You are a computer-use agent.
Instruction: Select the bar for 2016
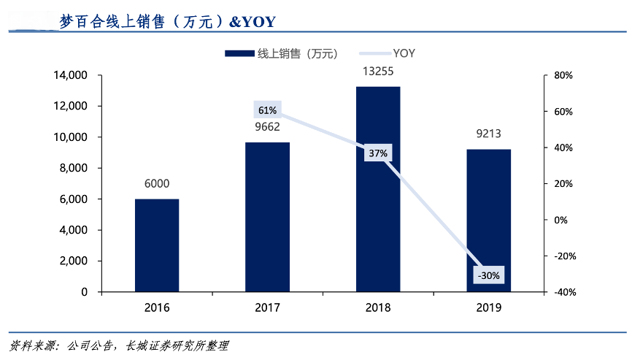[x=157, y=245]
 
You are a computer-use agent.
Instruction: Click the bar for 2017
[x=267, y=217]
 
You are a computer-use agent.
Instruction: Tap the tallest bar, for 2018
[x=378, y=189]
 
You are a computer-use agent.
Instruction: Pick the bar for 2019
[x=489, y=221]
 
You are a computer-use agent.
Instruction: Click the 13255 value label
[x=378, y=72]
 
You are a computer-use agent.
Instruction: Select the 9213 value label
[x=489, y=134]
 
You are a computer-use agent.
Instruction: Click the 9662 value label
[x=267, y=127]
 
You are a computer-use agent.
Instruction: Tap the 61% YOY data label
[x=267, y=110]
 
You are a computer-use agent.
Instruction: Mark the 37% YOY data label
[x=378, y=153]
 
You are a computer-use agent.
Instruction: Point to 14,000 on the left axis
[x=70, y=75]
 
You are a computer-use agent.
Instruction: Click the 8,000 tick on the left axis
[x=73, y=168]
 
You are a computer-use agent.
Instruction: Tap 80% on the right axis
[x=563, y=75]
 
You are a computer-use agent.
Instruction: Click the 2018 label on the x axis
[x=378, y=307]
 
